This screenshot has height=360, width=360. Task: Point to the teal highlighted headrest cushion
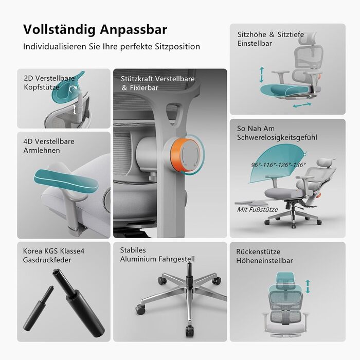[65, 85]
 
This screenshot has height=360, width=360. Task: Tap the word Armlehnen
[42, 150]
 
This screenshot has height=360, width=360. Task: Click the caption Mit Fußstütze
[257, 209]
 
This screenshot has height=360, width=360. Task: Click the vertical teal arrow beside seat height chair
[261, 74]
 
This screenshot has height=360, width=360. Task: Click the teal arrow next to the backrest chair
[308, 286]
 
